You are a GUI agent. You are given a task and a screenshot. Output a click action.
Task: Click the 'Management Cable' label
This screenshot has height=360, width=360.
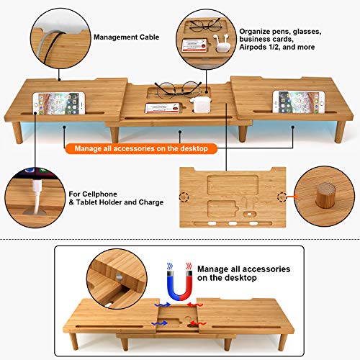(126, 37)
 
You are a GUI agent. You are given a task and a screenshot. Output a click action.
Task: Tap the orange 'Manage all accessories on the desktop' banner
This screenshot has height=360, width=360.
(141, 148)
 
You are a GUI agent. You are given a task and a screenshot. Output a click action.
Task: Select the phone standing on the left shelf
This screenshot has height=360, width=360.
(59, 103)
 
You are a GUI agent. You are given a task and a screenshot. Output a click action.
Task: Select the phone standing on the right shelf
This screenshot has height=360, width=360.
(299, 102)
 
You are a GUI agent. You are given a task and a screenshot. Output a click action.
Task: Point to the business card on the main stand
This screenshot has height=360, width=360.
(163, 108)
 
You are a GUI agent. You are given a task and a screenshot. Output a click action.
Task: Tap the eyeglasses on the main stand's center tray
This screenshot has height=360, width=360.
(178, 89)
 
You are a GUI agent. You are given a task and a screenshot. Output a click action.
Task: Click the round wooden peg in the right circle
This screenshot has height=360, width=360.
(325, 195)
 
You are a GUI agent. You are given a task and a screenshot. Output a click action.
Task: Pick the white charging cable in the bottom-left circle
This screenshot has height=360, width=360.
(37, 196)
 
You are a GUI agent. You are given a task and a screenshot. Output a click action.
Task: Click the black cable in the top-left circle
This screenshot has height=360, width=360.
(53, 46)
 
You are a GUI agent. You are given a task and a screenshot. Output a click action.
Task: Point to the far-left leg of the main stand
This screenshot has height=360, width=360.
(17, 132)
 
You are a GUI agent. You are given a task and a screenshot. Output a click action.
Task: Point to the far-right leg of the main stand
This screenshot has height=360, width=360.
(340, 132)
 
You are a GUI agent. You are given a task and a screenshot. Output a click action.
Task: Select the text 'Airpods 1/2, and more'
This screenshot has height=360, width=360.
(277, 47)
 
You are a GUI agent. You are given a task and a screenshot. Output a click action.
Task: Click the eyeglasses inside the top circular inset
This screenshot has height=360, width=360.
(205, 24)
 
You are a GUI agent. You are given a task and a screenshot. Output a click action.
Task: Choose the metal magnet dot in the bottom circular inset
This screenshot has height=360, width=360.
(120, 276)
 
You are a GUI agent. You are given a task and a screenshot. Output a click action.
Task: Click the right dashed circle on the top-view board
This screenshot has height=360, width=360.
(282, 197)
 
